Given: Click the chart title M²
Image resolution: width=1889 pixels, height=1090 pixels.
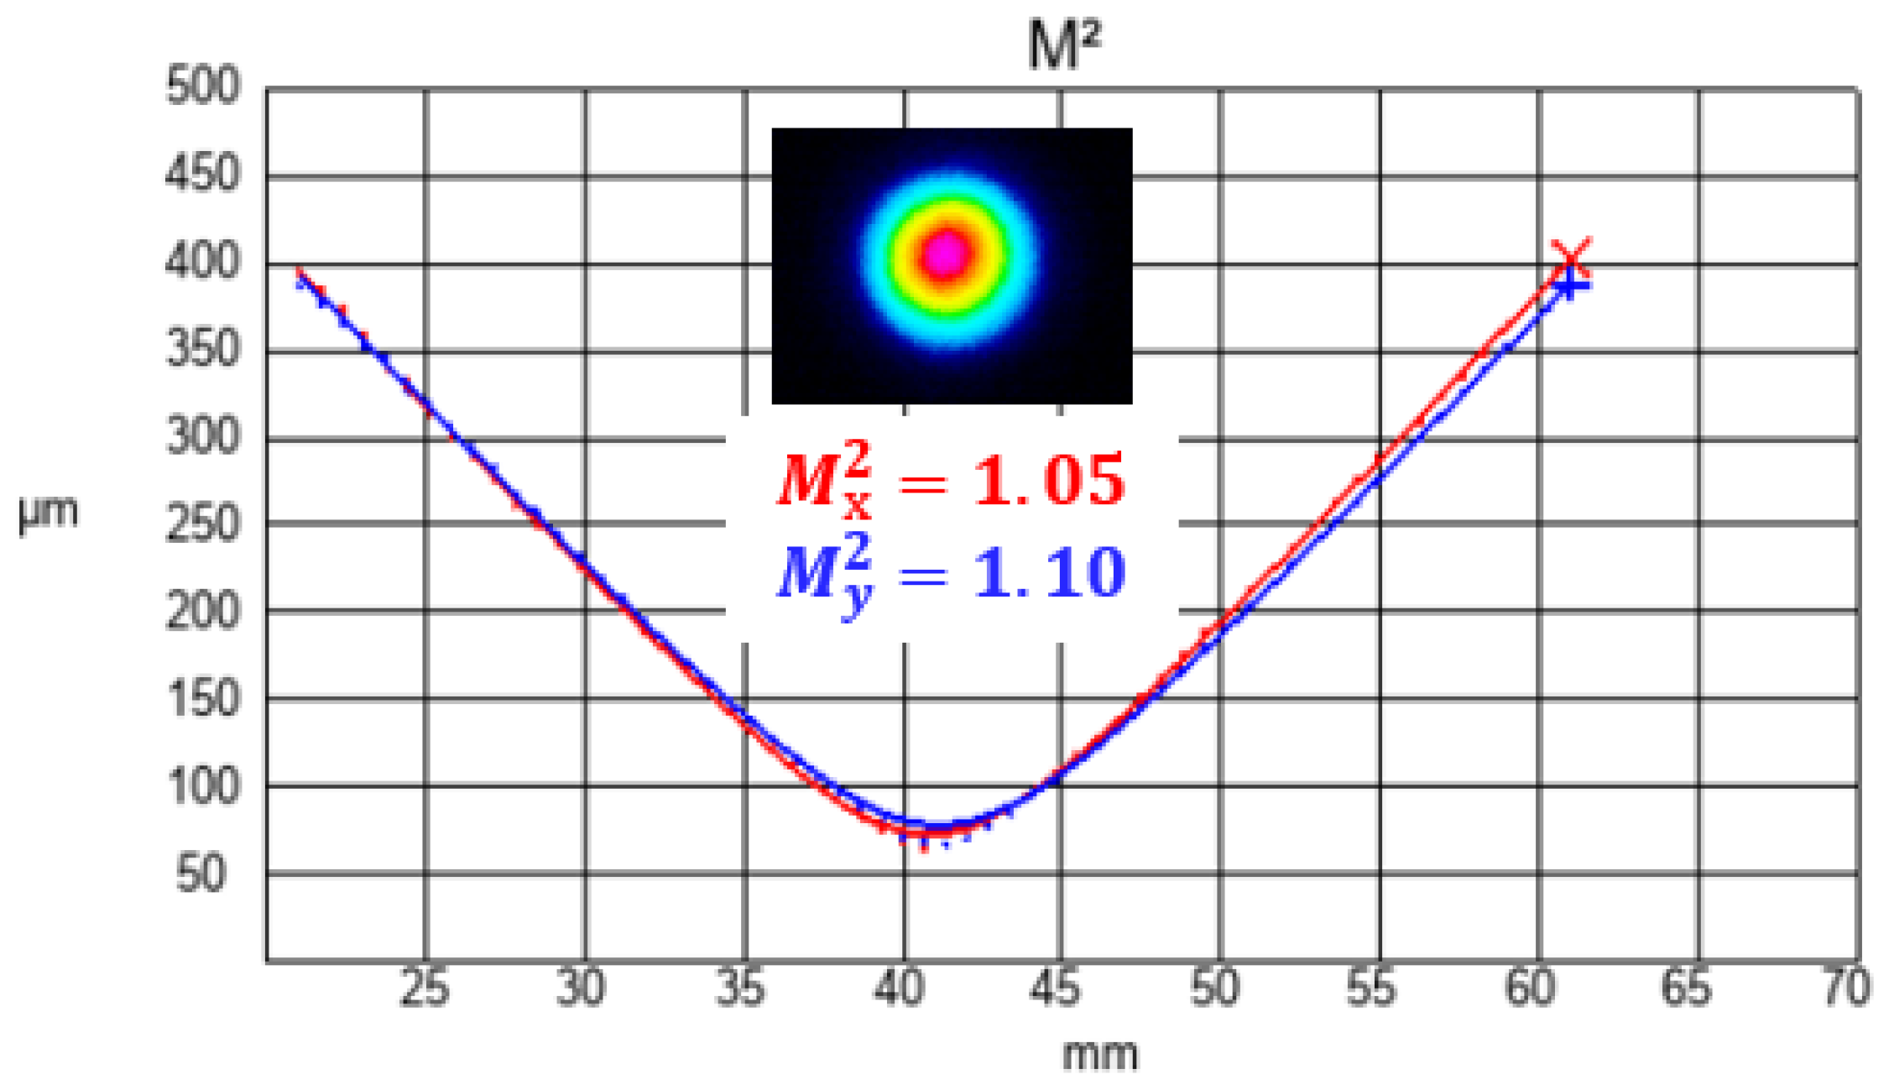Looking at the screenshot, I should point(1063,45).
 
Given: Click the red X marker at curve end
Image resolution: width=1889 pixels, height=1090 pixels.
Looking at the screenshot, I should point(1570,258).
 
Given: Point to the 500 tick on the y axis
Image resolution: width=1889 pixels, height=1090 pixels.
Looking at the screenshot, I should point(203,86).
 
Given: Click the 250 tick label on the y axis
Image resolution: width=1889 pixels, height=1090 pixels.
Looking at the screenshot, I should point(203,524).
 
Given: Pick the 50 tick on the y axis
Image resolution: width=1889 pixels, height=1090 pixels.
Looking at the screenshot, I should point(201,874).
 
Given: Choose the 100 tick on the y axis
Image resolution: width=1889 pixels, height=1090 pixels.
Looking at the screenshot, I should point(203,786).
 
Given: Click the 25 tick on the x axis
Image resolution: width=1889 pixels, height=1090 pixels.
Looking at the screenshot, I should point(425,988).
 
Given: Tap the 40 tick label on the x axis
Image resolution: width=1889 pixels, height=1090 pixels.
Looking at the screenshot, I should point(899,988).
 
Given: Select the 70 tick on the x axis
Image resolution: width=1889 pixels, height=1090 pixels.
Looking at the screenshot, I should point(1845,988).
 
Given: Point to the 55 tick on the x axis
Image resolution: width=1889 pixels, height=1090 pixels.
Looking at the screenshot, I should point(1371,988).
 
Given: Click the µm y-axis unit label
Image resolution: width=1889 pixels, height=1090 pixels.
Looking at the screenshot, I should point(49,512).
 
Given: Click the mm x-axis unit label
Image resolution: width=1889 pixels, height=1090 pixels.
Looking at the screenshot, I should point(1100,1055).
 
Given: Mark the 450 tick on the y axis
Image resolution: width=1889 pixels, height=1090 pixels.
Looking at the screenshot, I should point(203,175).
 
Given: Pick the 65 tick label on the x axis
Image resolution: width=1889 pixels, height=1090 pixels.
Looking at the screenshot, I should point(1687,988).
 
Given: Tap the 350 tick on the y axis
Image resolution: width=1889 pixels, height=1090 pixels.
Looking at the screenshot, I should point(203,349).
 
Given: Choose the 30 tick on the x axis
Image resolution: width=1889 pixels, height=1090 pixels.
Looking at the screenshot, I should point(581,988).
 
